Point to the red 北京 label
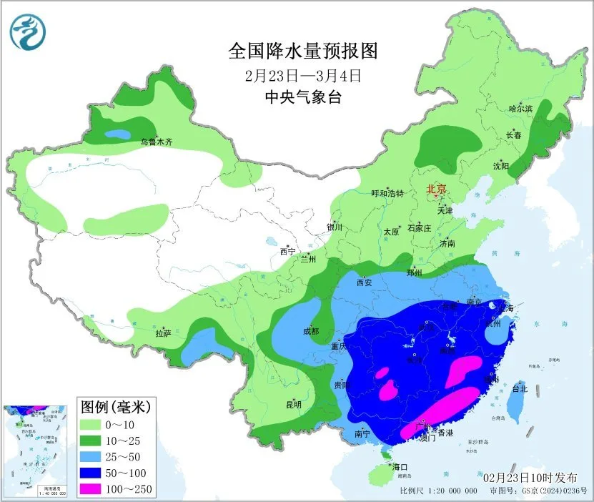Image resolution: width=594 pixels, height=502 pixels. click(x=436, y=190)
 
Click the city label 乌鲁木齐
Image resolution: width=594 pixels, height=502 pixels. click(x=156, y=142)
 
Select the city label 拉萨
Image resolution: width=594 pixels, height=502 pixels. click(x=163, y=333)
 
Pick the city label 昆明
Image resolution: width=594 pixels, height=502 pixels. click(x=294, y=405)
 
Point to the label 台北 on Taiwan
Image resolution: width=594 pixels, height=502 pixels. click(x=520, y=389)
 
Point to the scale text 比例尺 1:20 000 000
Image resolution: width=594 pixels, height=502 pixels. click(x=438, y=491)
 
